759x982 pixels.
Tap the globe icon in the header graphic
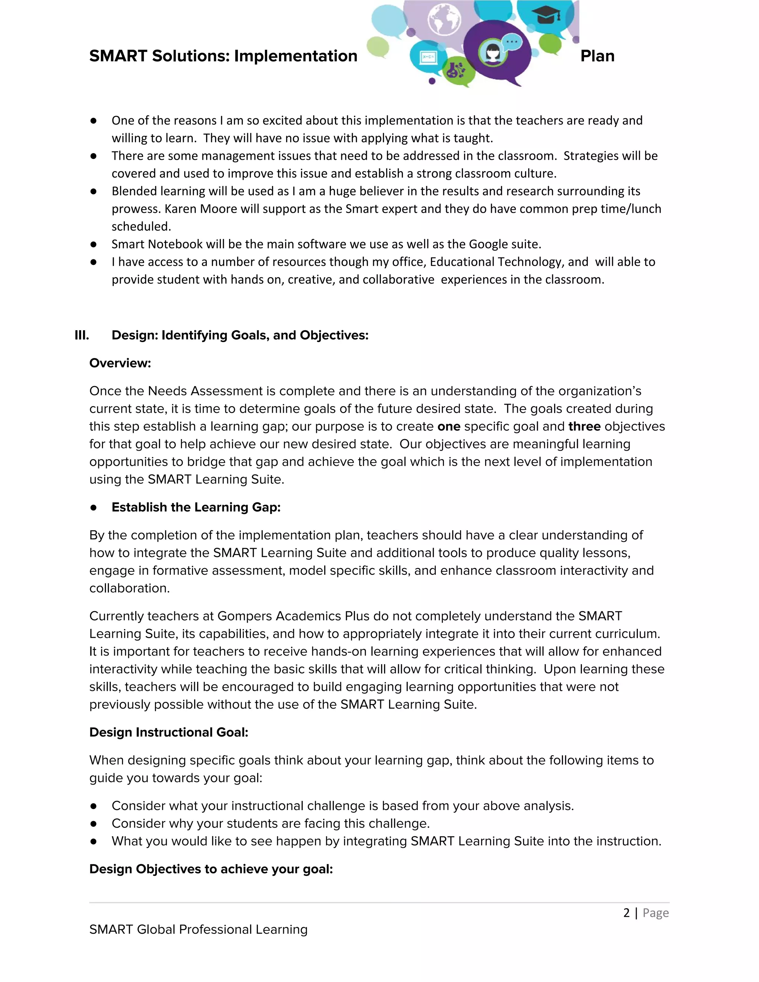click(444, 19)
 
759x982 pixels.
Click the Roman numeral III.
click(82, 335)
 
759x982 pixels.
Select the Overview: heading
click(120, 363)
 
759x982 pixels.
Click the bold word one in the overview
click(448, 427)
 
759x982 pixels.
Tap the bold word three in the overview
click(584, 427)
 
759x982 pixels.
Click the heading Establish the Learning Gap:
click(196, 508)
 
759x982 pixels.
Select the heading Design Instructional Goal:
click(169, 733)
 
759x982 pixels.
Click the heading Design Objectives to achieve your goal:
click(211, 869)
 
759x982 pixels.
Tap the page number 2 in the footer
click(626, 913)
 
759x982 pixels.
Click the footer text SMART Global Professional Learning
click(198, 929)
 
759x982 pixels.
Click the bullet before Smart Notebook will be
click(93, 245)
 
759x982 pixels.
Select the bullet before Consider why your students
click(93, 824)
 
